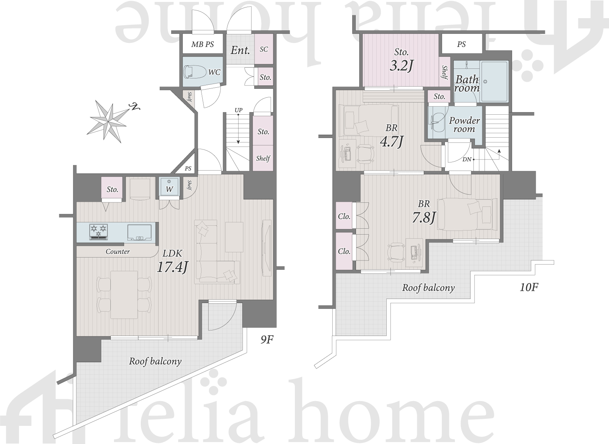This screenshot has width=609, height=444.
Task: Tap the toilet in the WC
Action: point(194,72)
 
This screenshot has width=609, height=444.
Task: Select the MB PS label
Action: point(203,44)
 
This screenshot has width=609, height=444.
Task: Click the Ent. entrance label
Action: point(240,50)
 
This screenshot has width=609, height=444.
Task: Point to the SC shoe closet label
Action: point(264,49)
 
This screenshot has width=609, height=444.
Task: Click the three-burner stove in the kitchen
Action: point(99,232)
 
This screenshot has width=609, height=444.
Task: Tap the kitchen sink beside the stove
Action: point(140,232)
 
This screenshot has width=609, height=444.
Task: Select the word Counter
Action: point(118,252)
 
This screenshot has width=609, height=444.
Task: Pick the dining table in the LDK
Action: point(124,295)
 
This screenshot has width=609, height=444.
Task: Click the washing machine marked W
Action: point(169,186)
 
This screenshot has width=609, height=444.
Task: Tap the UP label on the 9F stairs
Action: point(239,110)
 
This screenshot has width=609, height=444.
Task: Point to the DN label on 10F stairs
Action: point(467,159)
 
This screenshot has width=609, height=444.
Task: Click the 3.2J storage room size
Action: point(402,65)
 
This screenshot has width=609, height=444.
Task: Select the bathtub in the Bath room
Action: point(494,81)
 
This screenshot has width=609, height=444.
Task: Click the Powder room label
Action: point(464,125)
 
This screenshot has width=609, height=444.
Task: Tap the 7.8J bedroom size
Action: point(424,218)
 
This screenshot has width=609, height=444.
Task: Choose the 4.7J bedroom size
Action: point(391,142)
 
